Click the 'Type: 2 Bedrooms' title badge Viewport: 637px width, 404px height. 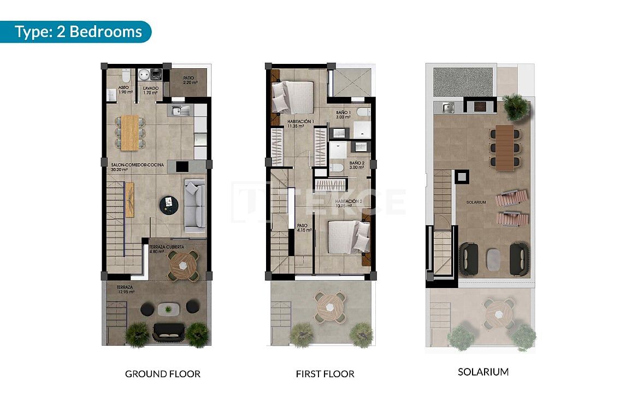click(x=78, y=32)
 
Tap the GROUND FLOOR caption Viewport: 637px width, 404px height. click(x=163, y=374)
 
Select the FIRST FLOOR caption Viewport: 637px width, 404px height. click(x=325, y=374)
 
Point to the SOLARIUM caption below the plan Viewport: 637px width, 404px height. click(x=483, y=372)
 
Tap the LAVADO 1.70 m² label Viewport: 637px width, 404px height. click(x=150, y=90)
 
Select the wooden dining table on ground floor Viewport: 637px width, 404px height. click(x=130, y=133)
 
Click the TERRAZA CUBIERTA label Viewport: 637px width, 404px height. click(x=166, y=249)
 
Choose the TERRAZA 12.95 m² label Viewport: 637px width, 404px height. click(x=125, y=289)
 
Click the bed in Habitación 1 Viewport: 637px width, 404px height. click(x=293, y=97)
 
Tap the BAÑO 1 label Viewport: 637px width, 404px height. click(x=343, y=114)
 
